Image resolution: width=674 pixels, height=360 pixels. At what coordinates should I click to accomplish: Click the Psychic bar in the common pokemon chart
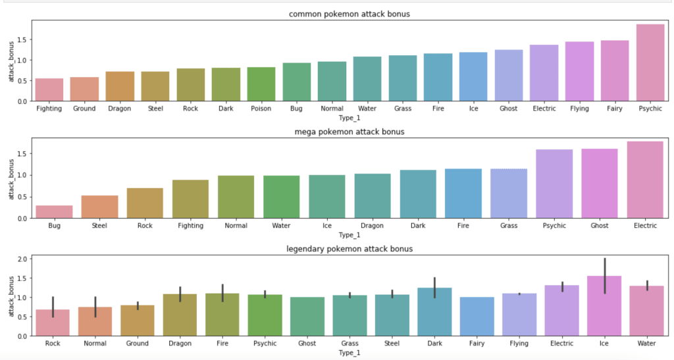(x=651, y=63)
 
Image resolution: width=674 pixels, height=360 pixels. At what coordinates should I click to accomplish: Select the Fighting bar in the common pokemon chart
(x=49, y=90)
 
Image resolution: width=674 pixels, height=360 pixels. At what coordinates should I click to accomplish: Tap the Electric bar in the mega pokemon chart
(x=645, y=180)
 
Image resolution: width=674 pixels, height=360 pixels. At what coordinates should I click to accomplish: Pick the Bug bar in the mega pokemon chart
(x=54, y=211)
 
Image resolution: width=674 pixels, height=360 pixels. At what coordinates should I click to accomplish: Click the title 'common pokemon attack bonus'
(x=350, y=14)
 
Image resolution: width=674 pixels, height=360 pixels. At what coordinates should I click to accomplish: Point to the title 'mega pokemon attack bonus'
(x=350, y=132)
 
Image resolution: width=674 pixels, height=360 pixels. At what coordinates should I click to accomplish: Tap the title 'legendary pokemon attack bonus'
(x=350, y=249)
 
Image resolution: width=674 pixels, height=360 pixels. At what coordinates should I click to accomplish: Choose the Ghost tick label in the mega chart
(x=600, y=226)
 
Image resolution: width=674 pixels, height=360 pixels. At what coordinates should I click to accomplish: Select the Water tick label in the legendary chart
(x=645, y=343)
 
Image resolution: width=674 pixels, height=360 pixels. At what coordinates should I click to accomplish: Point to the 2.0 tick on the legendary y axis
(x=23, y=259)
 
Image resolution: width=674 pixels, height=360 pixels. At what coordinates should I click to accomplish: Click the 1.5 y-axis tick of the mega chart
(x=23, y=154)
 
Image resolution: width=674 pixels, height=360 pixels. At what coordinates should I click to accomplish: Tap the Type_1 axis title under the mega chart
(x=350, y=234)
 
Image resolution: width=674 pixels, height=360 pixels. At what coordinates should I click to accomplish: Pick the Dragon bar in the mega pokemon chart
(x=372, y=195)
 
